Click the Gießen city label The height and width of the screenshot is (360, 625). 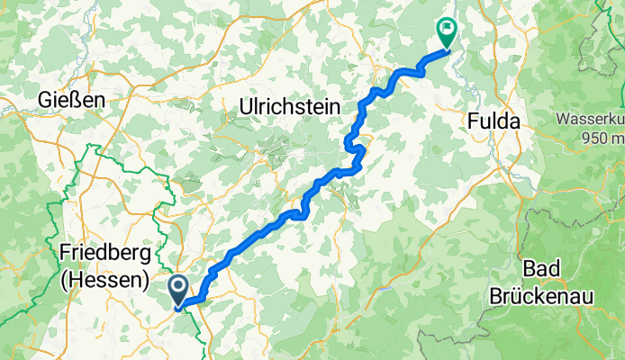[73, 100]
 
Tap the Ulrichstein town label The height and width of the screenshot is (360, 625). [289, 106]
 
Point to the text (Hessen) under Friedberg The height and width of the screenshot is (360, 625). [104, 280]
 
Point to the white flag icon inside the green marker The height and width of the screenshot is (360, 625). [445, 30]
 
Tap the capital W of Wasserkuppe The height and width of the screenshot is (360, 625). [562, 119]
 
